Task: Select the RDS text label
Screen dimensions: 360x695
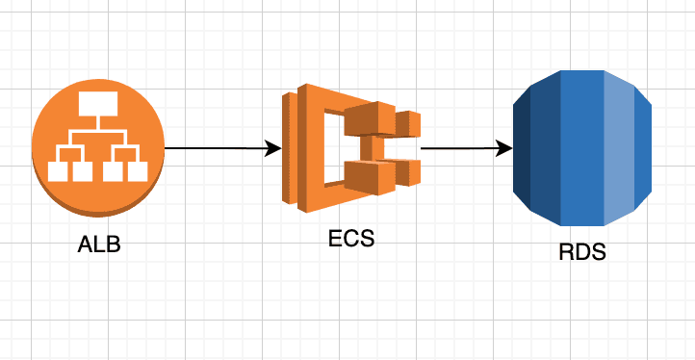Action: click(x=582, y=254)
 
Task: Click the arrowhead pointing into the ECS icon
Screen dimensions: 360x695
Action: click(x=273, y=149)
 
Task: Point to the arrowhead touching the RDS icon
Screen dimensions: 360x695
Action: click(x=503, y=149)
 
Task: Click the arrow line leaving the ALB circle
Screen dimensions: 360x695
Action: click(x=212, y=149)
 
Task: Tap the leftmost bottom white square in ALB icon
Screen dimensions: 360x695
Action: click(x=59, y=171)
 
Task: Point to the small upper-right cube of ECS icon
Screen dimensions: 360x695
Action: click(x=409, y=123)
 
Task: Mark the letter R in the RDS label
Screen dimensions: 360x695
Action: click(x=567, y=254)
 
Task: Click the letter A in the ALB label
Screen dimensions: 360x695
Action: click(x=85, y=244)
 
